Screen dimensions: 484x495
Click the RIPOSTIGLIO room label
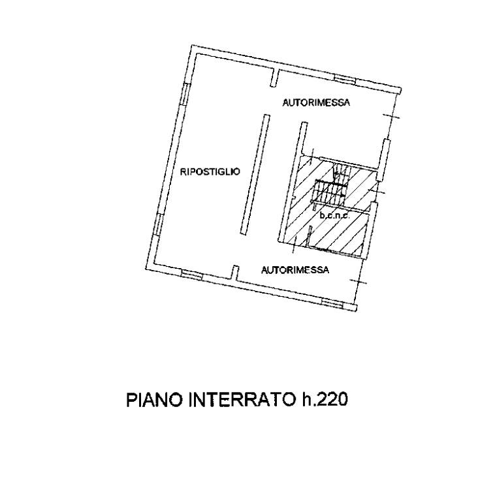click(211, 172)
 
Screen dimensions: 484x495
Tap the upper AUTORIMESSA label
click(317, 102)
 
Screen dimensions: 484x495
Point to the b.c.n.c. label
click(334, 215)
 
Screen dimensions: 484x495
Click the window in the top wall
click(344, 80)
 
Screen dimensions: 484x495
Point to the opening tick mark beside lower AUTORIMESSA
click(360, 280)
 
